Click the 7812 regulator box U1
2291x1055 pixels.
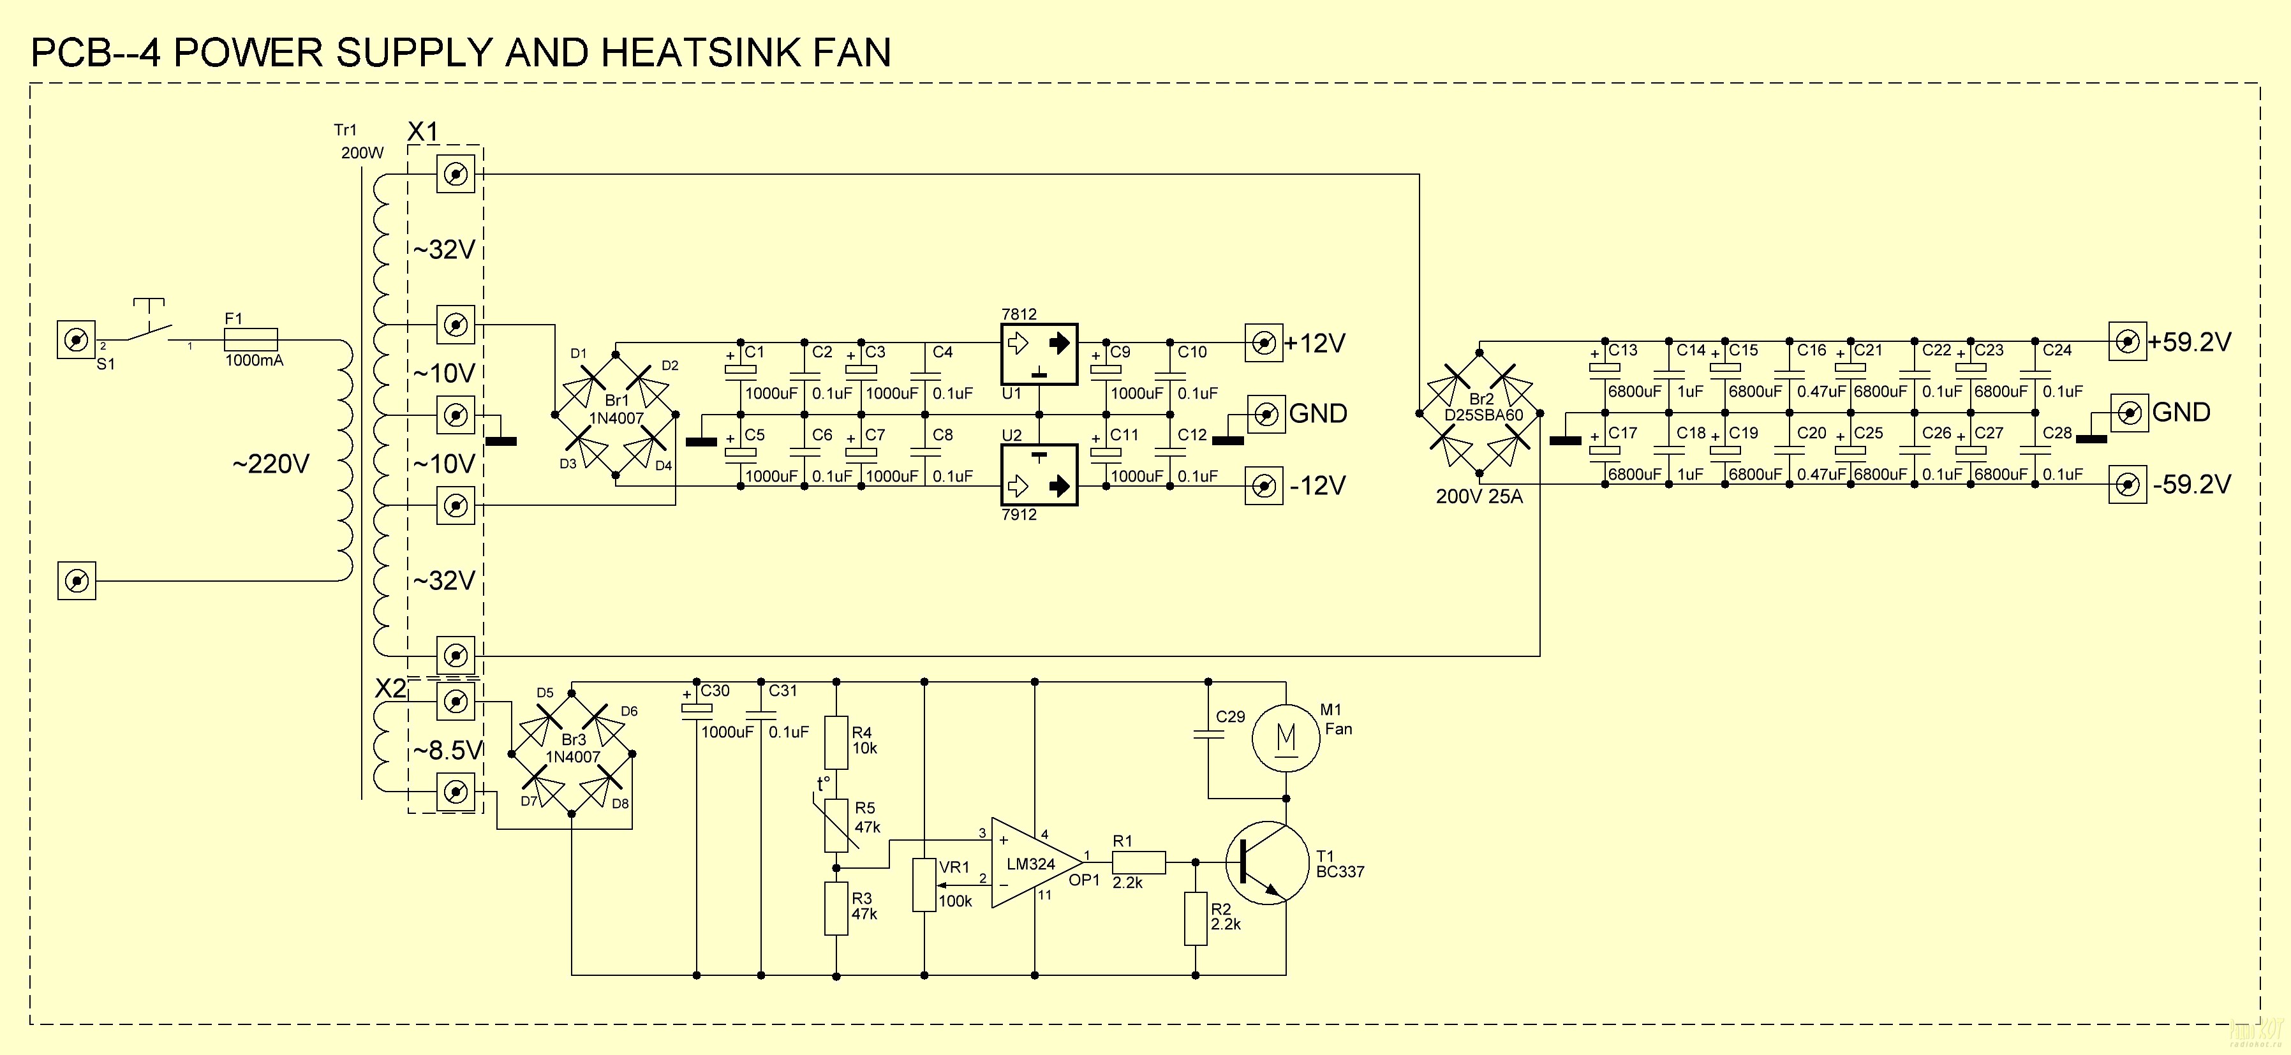1039,354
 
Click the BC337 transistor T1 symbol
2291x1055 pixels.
1266,863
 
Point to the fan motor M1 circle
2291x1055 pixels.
1286,737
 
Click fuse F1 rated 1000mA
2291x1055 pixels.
250,340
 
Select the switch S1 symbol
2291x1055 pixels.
147,327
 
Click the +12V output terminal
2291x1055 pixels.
1263,343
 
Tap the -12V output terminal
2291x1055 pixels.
1263,485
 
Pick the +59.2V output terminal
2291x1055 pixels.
2127,342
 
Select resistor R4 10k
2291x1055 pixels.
836,742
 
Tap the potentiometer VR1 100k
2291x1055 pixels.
925,885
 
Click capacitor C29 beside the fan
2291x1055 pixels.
1208,735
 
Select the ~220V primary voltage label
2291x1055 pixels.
271,464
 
